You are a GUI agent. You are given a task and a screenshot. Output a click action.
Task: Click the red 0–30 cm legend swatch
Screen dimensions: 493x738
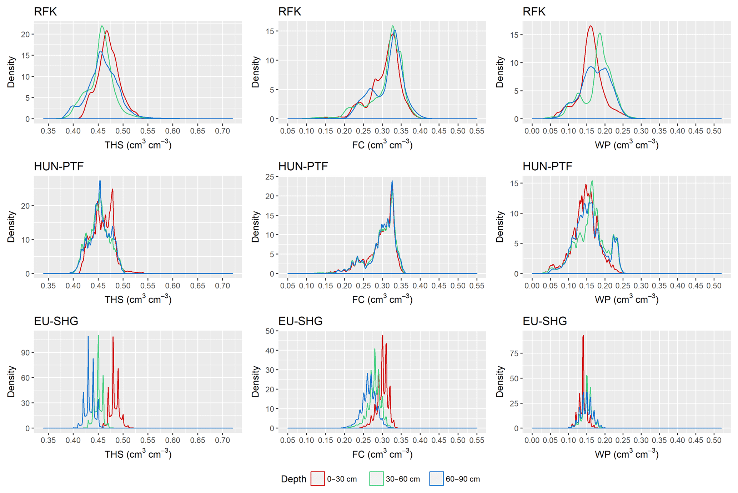point(317,479)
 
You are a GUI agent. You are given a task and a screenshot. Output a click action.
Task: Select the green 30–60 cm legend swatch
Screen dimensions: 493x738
point(376,479)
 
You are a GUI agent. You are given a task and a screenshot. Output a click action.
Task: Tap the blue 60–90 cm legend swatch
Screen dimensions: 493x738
point(436,479)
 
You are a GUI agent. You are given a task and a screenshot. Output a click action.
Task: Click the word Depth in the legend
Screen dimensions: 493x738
point(293,479)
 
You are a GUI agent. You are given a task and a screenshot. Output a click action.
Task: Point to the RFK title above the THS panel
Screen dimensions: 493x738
point(45,12)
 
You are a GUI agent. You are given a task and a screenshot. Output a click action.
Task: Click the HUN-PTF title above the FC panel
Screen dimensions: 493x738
point(303,166)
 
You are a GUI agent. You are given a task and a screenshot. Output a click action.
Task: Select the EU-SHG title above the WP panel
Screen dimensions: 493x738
point(545,321)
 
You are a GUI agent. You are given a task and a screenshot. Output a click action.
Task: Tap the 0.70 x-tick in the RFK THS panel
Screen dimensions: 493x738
point(222,131)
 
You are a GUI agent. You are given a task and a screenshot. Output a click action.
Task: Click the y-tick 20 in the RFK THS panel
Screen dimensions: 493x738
point(25,35)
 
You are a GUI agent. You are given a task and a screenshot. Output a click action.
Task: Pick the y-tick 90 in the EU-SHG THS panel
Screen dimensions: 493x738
point(25,353)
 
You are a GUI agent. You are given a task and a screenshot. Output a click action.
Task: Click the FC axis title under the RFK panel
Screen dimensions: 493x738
point(382,145)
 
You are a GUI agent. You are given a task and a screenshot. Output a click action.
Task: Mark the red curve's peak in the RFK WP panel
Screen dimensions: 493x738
point(591,26)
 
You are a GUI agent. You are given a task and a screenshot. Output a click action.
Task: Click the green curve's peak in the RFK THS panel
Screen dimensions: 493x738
point(102,26)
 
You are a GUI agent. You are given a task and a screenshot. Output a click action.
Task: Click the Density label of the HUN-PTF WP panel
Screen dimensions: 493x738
point(500,227)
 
